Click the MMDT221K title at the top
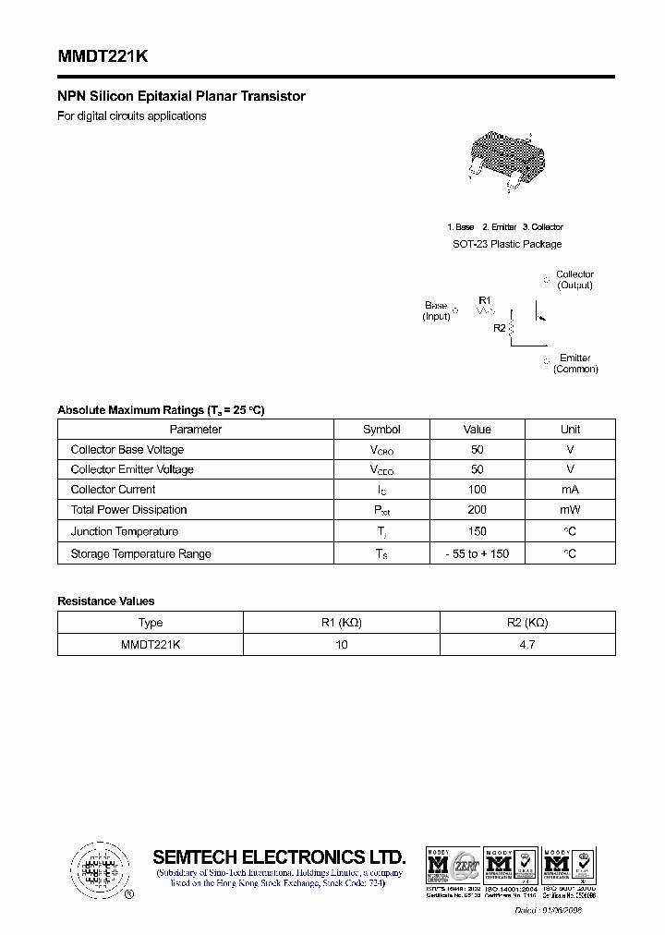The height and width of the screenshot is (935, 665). tap(102, 56)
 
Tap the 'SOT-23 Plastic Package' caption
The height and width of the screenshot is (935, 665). tap(506, 244)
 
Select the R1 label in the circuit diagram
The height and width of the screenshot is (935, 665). tap(485, 299)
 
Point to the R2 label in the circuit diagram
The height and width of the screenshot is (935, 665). tap(499, 328)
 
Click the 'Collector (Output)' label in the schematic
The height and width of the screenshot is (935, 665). tap(574, 280)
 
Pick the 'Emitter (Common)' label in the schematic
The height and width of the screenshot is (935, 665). tap(574, 363)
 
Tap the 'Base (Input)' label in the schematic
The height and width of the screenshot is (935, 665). tap(436, 310)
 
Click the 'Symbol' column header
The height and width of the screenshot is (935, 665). tap(381, 429)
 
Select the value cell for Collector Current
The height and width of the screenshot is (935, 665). tap(477, 490)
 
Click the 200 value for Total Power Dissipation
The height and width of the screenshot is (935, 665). tap(477, 510)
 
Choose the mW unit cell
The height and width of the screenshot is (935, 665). tap(570, 510)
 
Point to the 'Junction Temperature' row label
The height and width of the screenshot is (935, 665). tap(124, 531)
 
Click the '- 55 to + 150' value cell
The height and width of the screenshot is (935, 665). tap(477, 553)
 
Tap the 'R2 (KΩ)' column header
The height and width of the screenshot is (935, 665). tap(526, 623)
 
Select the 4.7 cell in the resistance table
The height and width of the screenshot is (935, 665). tap(526, 644)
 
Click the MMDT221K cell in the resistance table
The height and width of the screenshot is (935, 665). tap(150, 644)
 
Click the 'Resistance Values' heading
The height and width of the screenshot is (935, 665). tap(106, 601)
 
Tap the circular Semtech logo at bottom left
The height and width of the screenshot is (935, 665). tap(97, 869)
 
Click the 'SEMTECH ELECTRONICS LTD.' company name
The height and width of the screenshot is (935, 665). tap(279, 856)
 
